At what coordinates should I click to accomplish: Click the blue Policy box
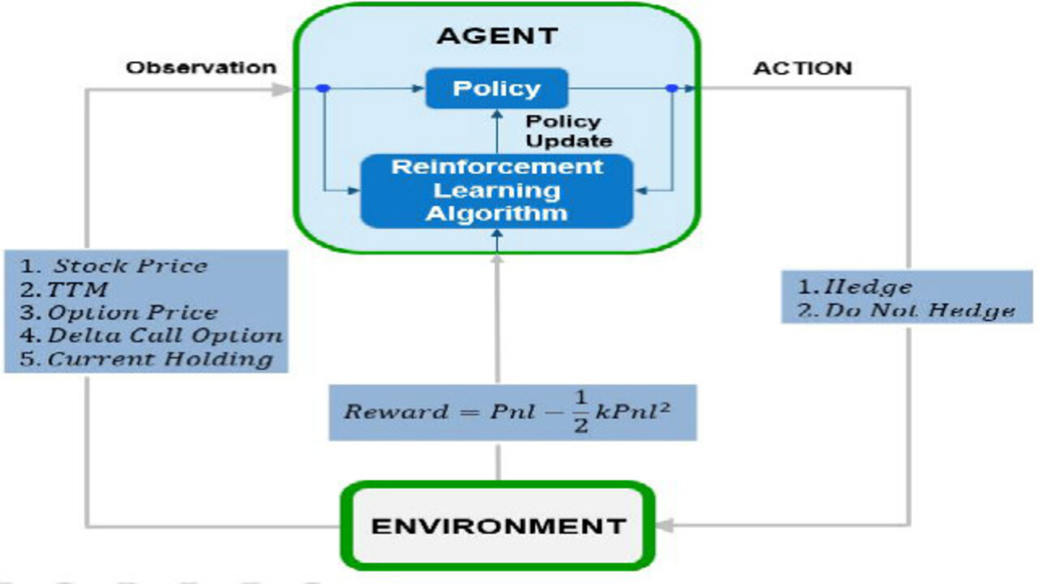click(496, 88)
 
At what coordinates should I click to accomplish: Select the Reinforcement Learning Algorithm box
click(496, 191)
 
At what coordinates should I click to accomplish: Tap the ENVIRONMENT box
click(498, 526)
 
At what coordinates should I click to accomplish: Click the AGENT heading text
click(497, 36)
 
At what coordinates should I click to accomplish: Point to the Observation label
click(201, 67)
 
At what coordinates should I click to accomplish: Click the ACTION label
click(803, 68)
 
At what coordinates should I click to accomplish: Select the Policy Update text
click(568, 131)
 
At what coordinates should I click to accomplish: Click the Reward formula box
click(513, 412)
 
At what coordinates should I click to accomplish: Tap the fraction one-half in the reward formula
click(580, 412)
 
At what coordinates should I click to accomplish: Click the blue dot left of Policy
click(323, 88)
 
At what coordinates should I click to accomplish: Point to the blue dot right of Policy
click(671, 88)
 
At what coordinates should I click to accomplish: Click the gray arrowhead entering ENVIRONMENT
click(664, 526)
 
